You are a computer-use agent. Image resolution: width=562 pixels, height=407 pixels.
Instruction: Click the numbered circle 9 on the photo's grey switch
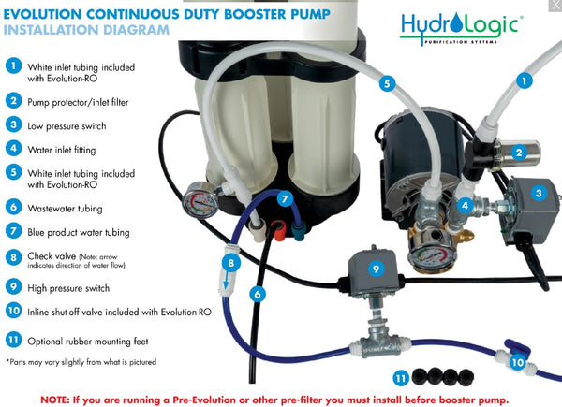click(x=376, y=268)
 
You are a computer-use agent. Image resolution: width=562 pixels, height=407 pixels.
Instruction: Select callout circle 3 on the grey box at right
click(x=538, y=193)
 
